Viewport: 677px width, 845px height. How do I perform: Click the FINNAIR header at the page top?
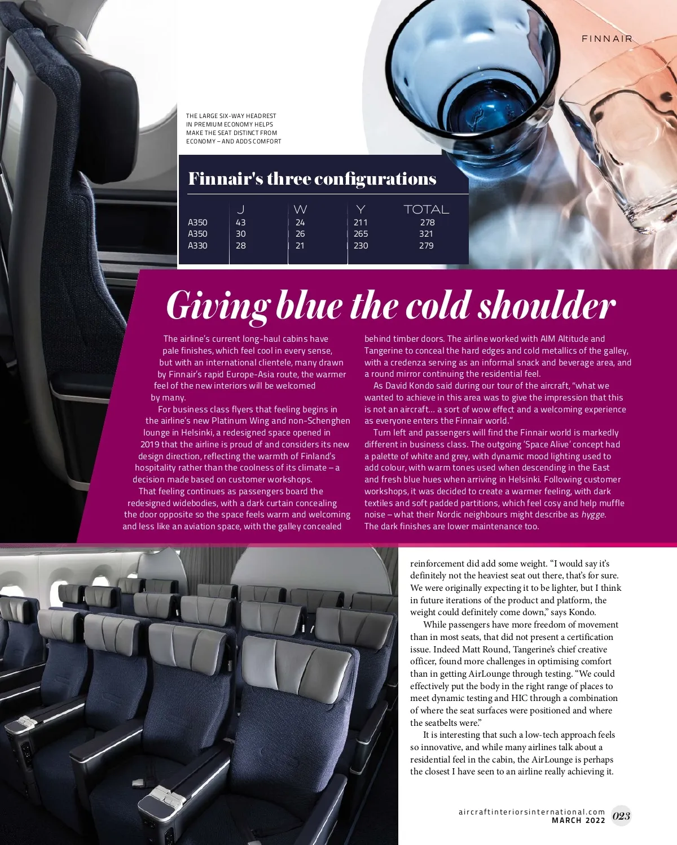[x=607, y=39]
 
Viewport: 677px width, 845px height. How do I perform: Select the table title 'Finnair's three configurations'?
[x=312, y=179]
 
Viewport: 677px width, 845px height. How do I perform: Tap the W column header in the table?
[x=300, y=210]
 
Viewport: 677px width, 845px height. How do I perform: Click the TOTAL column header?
[x=426, y=210]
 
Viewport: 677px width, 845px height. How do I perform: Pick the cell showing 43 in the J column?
[x=241, y=223]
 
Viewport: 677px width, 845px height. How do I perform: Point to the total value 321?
[x=426, y=234]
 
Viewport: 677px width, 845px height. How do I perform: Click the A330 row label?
[x=197, y=246]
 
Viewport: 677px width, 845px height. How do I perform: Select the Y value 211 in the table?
[x=361, y=223]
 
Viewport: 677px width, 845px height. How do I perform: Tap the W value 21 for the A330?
[x=300, y=246]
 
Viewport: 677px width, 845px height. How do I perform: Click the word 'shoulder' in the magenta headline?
[x=547, y=306]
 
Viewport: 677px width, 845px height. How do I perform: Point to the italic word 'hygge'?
[x=594, y=515]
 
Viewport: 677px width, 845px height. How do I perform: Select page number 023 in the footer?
[x=621, y=816]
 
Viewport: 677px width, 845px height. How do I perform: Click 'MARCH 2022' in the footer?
[x=578, y=820]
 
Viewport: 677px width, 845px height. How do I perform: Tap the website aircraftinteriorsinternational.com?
[x=531, y=812]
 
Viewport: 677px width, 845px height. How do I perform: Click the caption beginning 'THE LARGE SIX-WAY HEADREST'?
[x=234, y=128]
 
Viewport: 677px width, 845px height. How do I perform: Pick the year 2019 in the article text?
[x=150, y=445]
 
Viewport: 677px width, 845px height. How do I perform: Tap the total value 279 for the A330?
[x=426, y=246]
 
